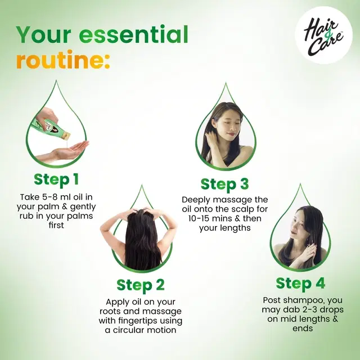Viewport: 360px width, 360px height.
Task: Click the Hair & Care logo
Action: point(323,35)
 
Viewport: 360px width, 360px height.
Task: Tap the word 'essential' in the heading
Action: point(133,35)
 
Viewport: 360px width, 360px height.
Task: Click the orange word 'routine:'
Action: point(63,60)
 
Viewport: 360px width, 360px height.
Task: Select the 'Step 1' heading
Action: point(56,179)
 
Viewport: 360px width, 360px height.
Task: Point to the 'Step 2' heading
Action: point(141,285)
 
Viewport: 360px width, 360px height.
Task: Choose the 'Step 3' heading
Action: point(224,184)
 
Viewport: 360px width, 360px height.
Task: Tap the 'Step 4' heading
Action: point(300,283)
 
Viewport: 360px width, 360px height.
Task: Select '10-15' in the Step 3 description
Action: point(199,218)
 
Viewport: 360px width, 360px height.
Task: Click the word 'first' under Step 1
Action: point(56,225)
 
